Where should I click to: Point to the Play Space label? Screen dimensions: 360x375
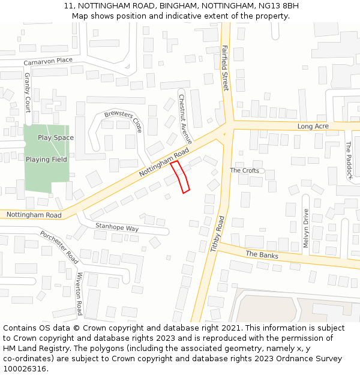tap(56, 137)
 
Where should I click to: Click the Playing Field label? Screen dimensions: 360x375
tap(46, 160)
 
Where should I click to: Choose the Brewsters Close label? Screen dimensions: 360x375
tap(124, 122)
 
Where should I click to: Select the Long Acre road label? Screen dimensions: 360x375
tap(313, 127)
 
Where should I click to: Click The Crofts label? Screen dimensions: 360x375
tap(245, 170)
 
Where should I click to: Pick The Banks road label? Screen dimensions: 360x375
tap(262, 254)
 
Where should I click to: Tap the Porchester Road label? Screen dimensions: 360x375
tap(59, 247)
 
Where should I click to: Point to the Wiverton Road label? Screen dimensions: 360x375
tap(79, 293)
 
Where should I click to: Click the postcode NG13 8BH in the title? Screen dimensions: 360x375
tap(278, 6)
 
